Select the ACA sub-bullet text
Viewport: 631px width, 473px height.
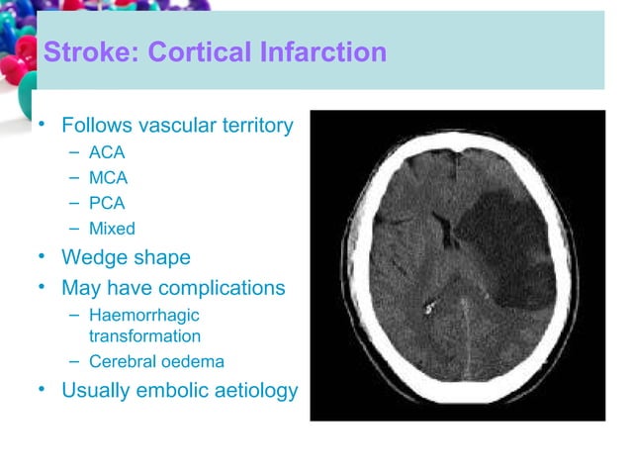click(107, 153)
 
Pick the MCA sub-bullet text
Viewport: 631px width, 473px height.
click(108, 179)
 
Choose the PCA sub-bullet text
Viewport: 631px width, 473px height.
click(107, 205)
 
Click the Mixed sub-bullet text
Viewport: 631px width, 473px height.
click(112, 230)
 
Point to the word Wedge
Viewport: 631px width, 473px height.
click(97, 258)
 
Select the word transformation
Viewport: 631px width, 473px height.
click(144, 336)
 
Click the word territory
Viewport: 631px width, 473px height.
click(256, 126)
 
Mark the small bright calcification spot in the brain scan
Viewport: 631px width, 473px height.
click(428, 308)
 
